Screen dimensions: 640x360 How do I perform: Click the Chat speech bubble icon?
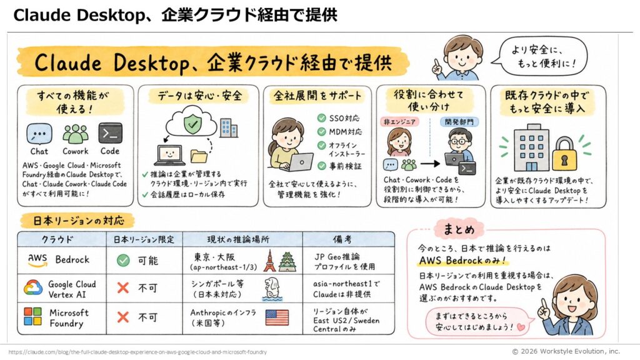(x=39, y=134)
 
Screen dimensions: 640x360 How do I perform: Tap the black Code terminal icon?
(x=110, y=133)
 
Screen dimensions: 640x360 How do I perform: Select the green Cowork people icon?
(x=76, y=134)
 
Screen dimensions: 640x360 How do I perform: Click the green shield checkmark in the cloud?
(x=192, y=123)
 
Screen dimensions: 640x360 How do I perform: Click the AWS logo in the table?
(x=37, y=260)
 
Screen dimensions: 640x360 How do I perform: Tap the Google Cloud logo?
(x=33, y=287)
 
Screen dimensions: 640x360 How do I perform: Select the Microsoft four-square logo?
(x=32, y=316)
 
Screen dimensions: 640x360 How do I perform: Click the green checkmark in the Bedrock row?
(x=123, y=261)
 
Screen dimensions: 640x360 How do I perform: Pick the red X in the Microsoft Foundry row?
(x=123, y=317)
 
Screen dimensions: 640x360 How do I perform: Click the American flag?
(x=277, y=317)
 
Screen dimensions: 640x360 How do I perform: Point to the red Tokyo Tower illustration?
(x=269, y=261)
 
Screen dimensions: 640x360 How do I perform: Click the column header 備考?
(x=342, y=239)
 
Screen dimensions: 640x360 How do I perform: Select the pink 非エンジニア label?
(x=399, y=122)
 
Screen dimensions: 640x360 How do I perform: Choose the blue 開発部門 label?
(x=459, y=122)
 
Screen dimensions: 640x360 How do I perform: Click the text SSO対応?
(x=344, y=118)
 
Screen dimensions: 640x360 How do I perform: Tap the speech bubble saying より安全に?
(x=541, y=56)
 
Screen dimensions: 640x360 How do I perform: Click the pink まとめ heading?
(x=459, y=229)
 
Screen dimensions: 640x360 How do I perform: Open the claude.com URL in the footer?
(x=137, y=352)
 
